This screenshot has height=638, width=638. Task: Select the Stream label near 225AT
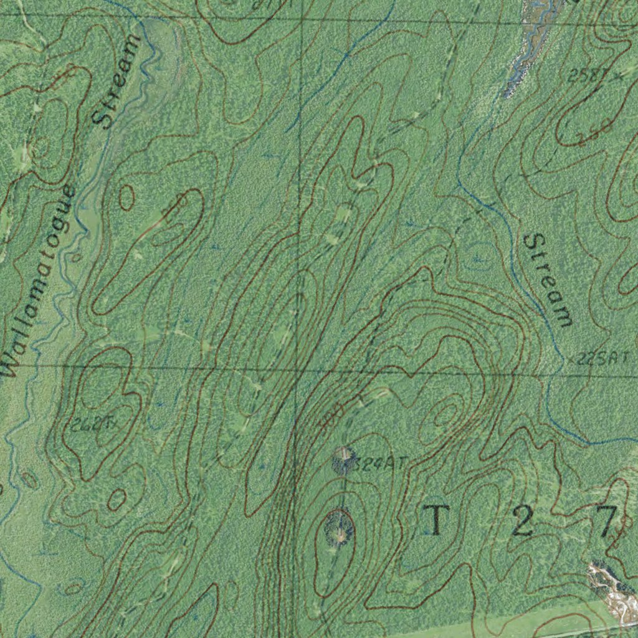pos(547,280)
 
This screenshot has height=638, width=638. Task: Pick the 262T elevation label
pos(91,425)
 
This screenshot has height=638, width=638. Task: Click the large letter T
pos(437,520)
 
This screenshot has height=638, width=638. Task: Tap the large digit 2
pos(522,521)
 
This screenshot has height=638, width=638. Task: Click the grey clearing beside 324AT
pos(343,460)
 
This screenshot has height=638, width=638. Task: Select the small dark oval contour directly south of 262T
pos(117,499)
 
